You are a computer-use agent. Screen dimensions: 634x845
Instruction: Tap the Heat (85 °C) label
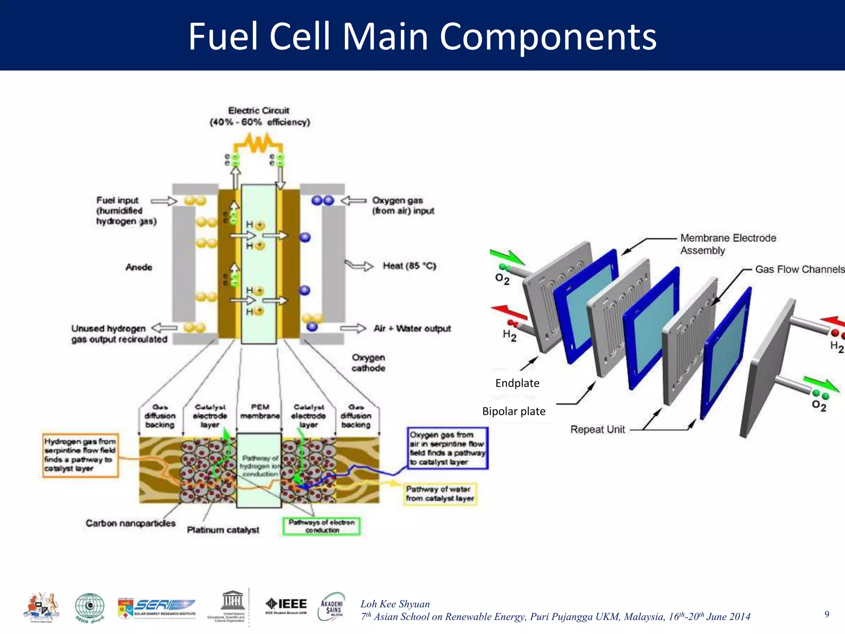409,266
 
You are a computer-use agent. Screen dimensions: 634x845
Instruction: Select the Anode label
139,267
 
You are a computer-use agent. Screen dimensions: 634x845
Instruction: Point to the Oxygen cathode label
368,362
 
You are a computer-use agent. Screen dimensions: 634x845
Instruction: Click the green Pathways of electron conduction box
321,526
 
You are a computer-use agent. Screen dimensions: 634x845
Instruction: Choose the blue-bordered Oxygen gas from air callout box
447,448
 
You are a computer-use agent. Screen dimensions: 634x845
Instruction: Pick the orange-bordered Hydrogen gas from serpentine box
80,455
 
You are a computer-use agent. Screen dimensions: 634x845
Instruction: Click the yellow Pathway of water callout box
440,494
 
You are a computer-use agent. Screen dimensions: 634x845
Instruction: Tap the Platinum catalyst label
223,530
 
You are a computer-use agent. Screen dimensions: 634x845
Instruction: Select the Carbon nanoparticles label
130,523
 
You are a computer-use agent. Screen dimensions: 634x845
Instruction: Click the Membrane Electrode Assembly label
727,244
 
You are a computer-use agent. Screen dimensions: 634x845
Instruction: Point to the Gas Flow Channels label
799,270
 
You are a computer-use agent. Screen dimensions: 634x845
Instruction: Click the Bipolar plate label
514,411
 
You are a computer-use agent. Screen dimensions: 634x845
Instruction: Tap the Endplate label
517,383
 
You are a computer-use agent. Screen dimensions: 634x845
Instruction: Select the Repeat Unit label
597,429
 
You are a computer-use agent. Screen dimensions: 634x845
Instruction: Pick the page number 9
826,614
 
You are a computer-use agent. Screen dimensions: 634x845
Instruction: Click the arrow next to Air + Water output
353,329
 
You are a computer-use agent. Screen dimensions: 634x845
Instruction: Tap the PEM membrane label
260,411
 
